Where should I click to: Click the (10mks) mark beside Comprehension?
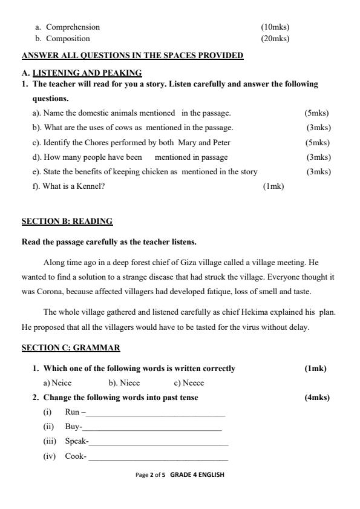click(x=275, y=27)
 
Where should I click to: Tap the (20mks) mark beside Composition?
click(x=275, y=39)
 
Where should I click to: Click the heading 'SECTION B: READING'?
click(x=67, y=222)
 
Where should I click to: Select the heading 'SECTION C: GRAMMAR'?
click(x=71, y=348)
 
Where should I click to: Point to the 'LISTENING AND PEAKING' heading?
click(x=87, y=73)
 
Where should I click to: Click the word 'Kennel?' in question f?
click(x=93, y=186)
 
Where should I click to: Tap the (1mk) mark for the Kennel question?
click(x=273, y=186)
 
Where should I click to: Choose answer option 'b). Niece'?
click(x=124, y=383)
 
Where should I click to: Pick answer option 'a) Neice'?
click(x=57, y=383)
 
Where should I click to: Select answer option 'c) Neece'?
click(x=189, y=383)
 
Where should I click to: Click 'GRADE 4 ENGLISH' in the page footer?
click(x=197, y=475)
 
